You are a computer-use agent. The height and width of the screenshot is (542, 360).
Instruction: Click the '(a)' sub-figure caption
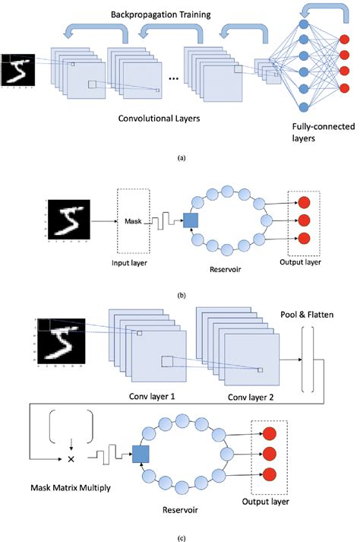click(179, 157)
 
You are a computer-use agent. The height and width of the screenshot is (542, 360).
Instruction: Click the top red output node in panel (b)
click(304, 202)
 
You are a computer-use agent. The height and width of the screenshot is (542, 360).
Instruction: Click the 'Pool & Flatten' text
click(308, 313)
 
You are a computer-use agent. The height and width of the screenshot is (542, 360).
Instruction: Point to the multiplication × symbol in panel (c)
click(71, 460)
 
